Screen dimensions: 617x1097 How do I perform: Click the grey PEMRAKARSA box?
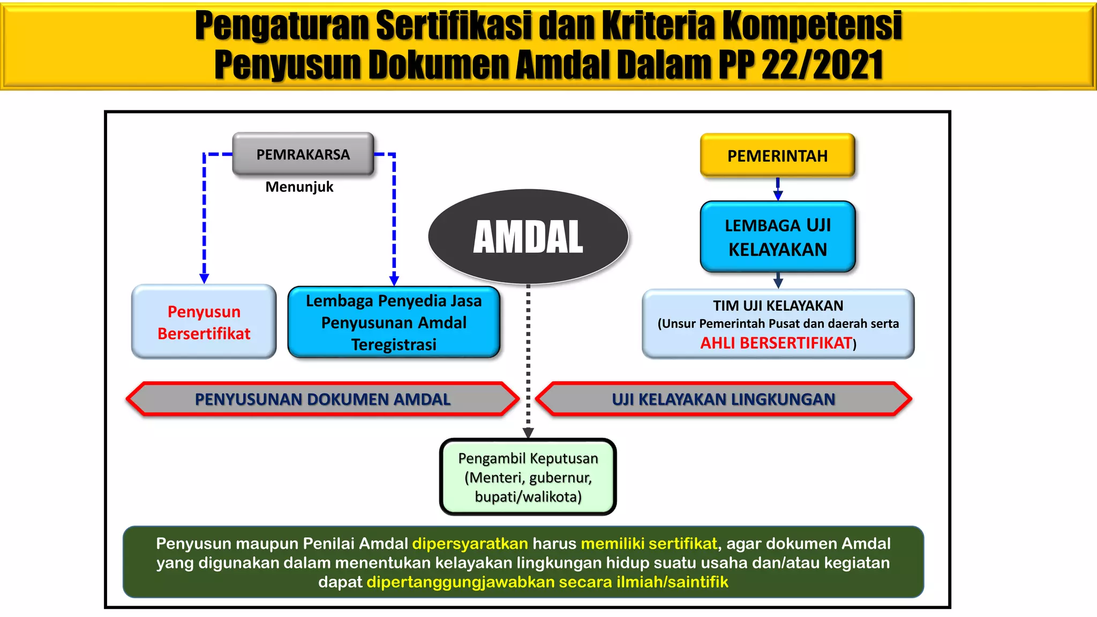click(303, 154)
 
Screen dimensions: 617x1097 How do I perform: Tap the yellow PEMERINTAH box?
click(777, 156)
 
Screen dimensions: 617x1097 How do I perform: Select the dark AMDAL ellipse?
click(528, 236)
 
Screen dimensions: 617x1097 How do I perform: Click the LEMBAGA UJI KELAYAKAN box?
click(778, 237)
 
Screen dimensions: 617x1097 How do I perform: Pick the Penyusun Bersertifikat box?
click(204, 322)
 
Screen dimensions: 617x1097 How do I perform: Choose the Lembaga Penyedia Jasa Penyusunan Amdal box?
click(394, 322)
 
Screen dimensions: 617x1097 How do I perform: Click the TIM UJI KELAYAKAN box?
click(778, 323)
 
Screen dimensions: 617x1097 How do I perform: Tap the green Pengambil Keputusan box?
click(528, 477)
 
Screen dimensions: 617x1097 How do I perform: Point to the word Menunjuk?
click(299, 187)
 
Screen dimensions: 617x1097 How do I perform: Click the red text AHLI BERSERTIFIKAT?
click(776, 343)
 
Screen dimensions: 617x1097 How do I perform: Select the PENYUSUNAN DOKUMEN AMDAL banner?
click(322, 399)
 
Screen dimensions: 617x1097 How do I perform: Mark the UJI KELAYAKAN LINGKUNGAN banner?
click(723, 399)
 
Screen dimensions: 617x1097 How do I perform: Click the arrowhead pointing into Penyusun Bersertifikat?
click(204, 278)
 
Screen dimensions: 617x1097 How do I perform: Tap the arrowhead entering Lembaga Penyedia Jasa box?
click(394, 280)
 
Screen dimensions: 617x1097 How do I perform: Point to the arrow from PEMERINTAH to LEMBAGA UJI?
click(778, 190)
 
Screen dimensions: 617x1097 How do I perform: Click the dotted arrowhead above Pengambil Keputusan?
click(528, 433)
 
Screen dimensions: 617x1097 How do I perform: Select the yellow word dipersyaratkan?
click(470, 544)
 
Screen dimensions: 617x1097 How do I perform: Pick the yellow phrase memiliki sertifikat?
click(649, 544)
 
